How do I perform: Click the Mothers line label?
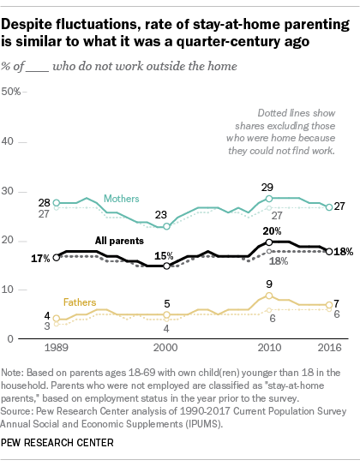[122, 199]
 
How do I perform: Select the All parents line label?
[119, 241]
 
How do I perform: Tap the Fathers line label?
[80, 302]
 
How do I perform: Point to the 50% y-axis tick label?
[11, 92]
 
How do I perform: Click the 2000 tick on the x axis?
[165, 348]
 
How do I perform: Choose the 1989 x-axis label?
[57, 348]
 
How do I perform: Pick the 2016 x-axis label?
[330, 348]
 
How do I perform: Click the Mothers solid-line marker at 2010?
[269, 198]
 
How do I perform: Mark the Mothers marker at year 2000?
[167, 226]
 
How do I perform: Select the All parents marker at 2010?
[269, 242]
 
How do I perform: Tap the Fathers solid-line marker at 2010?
[269, 296]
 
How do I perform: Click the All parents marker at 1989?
[57, 257]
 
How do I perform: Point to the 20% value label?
[272, 231]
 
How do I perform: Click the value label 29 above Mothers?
[267, 188]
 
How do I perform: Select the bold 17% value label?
[40, 259]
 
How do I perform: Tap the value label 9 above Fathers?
[269, 284]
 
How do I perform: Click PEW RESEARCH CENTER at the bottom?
[57, 443]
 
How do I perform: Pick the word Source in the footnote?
[15, 411]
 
